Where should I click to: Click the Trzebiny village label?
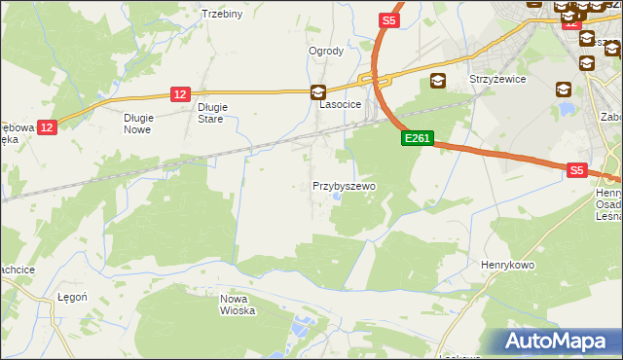coord(221,14)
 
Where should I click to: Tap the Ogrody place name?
coord(326,52)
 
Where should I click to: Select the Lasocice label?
coord(342,103)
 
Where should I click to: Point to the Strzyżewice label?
coord(497,80)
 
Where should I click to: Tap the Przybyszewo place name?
coord(344,185)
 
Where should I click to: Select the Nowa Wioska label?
coord(238,305)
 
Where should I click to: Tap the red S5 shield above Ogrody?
coord(388,19)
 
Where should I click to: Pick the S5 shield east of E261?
coord(577,170)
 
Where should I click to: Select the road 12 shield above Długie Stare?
coord(179,93)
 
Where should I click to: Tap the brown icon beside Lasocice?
coord(318,93)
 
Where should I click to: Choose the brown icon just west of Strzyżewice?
coord(438,81)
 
